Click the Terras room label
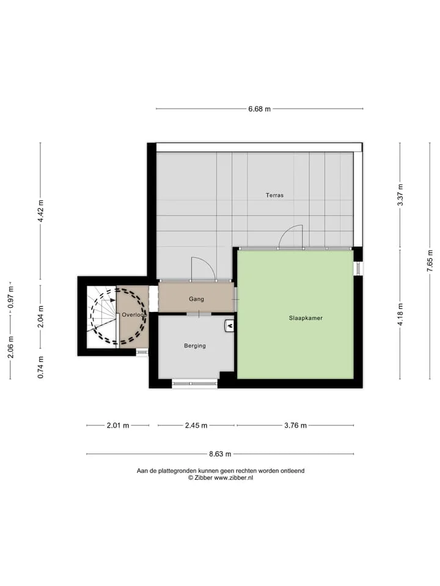[274, 195]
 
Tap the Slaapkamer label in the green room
[306, 318]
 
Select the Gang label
[196, 299]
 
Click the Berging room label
[195, 345]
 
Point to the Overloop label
[134, 315]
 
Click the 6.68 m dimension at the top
[259, 109]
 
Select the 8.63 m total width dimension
[220, 454]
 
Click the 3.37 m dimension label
[400, 195]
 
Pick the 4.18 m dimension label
[400, 314]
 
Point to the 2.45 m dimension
[196, 425]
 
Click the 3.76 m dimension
[296, 425]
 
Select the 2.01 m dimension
[118, 425]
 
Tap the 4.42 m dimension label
[41, 211]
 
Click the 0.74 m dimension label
[41, 367]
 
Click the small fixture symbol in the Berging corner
[229, 326]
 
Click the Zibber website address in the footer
[233, 477]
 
